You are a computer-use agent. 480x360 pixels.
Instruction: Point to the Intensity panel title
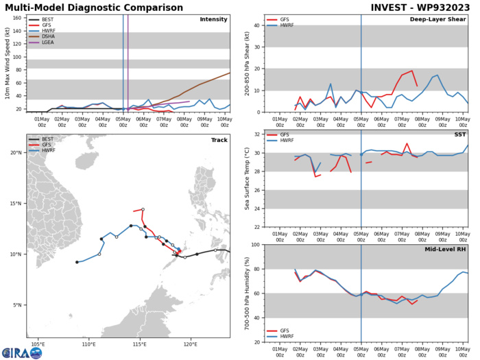[213, 19]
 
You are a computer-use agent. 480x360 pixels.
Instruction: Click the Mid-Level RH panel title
[444, 249]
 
